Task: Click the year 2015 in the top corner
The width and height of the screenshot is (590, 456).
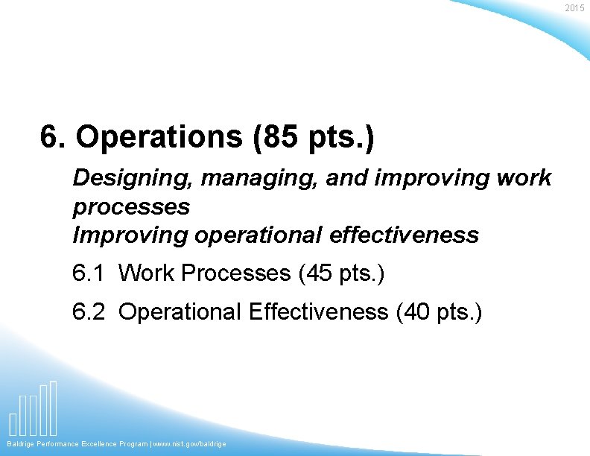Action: click(574, 8)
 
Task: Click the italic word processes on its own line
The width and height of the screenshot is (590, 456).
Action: click(131, 206)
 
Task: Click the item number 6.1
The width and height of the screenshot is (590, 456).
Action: click(89, 273)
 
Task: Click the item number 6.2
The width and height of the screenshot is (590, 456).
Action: click(89, 311)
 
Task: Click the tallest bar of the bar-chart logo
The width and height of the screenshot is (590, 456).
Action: click(53, 408)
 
